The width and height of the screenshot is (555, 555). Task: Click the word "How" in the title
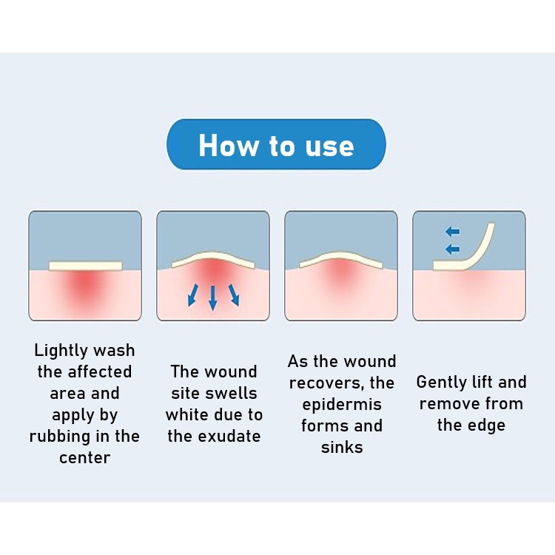pos(228,145)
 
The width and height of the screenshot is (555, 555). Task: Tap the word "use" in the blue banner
pos(329,147)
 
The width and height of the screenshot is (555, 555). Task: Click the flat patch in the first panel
pos(85,266)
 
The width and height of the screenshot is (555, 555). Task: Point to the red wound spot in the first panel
pos(85,286)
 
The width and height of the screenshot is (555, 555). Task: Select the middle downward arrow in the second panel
pos(212,298)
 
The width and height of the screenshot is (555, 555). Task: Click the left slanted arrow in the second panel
pos(192,295)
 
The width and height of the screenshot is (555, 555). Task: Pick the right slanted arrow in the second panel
pos(234,295)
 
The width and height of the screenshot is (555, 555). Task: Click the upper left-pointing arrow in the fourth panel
pos(452,232)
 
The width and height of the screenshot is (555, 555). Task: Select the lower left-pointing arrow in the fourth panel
pos(452,249)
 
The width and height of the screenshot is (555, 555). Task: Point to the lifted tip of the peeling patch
pos(491,223)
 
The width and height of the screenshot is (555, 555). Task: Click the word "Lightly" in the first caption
pos(61,351)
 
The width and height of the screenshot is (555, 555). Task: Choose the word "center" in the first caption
pos(85,458)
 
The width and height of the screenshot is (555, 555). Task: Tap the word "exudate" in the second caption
pos(229,436)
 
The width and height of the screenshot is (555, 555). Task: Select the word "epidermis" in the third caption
pos(342,405)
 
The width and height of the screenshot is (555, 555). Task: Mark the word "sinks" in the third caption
pos(342,447)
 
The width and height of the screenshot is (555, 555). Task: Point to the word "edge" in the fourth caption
pos(487,425)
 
